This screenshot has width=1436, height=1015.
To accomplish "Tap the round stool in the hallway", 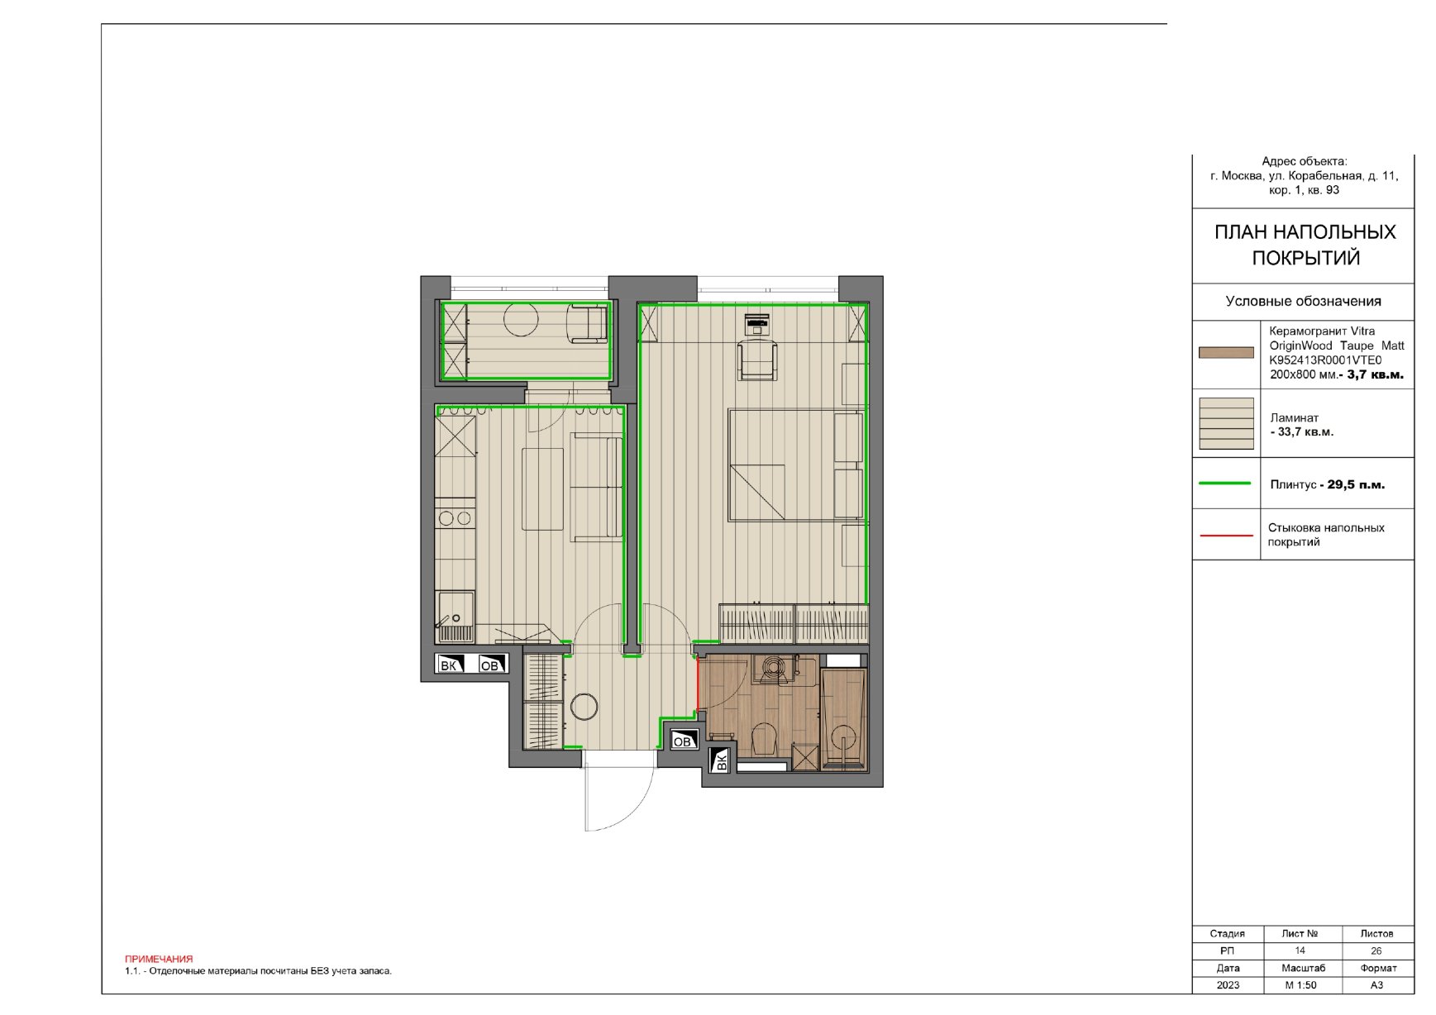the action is pyautogui.click(x=584, y=707).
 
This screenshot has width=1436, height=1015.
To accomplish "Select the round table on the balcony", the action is pyautogui.click(x=521, y=319).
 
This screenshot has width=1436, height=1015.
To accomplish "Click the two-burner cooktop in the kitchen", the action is pyautogui.click(x=455, y=519).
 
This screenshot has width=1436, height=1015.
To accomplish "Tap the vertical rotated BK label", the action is pyautogui.click(x=721, y=761).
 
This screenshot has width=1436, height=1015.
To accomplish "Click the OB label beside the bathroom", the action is pyautogui.click(x=682, y=741).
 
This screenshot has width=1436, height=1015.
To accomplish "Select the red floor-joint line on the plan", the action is pyautogui.click(x=698, y=684).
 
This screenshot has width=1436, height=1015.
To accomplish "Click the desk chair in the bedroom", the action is pyautogui.click(x=757, y=360).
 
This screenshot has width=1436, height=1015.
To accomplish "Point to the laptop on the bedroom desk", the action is pyautogui.click(x=757, y=322).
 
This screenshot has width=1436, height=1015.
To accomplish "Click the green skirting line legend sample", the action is pyautogui.click(x=1225, y=484).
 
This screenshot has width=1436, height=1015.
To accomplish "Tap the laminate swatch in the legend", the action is pyautogui.click(x=1226, y=424).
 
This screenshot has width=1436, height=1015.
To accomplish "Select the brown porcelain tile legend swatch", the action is pyautogui.click(x=1226, y=353).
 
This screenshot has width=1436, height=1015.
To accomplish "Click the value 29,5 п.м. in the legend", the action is pyautogui.click(x=1356, y=484).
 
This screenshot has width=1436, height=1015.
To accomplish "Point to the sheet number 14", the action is pyautogui.click(x=1300, y=951).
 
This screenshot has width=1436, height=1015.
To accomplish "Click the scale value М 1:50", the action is pyautogui.click(x=1300, y=985).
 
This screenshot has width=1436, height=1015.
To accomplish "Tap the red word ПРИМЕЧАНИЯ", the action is pyautogui.click(x=159, y=959).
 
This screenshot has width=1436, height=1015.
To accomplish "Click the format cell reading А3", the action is pyautogui.click(x=1376, y=985).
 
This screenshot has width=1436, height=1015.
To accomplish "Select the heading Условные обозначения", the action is pyautogui.click(x=1303, y=301).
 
